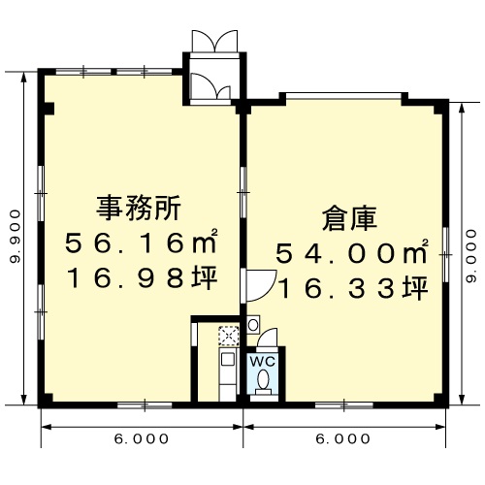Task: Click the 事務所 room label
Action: pyautogui.click(x=139, y=208)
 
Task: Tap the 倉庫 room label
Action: pyautogui.click(x=350, y=219)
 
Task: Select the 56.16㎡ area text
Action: pyautogui.click(x=141, y=242)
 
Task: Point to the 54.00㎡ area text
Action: pyautogui.click(x=352, y=253)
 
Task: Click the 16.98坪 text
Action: pyautogui.click(x=142, y=277)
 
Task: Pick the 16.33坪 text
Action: pyautogui.click(x=352, y=288)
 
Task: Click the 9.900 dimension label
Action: pyautogui.click(x=16, y=236)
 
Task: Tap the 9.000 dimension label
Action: pyautogui.click(x=471, y=256)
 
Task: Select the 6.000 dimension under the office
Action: pyautogui.click(x=142, y=438)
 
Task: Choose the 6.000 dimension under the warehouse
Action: pyautogui.click(x=343, y=438)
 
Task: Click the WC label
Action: pyautogui.click(x=263, y=361)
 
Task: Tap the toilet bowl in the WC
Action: pyautogui.click(x=263, y=379)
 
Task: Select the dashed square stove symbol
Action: pyautogui.click(x=229, y=336)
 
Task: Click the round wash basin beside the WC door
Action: pyautogui.click(x=253, y=325)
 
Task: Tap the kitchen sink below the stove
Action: pyautogui.click(x=228, y=360)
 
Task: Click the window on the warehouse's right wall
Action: pyautogui.click(x=445, y=255)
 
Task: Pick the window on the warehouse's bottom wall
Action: pyautogui.click(x=344, y=404)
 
